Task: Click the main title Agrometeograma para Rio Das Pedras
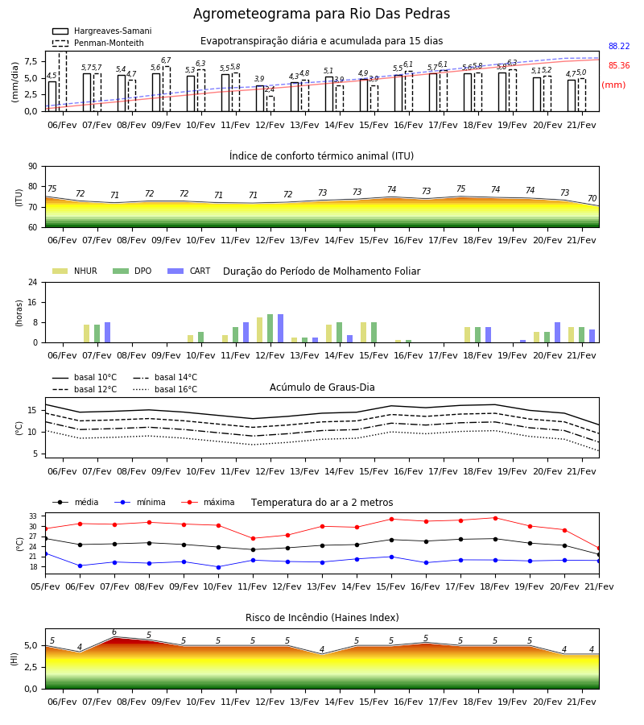pyautogui.click(x=321, y=14)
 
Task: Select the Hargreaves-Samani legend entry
pyautogui.click(x=101, y=31)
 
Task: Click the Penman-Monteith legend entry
pyautogui.click(x=98, y=43)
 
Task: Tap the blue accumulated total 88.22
pyautogui.click(x=619, y=46)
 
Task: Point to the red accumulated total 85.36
pyautogui.click(x=619, y=66)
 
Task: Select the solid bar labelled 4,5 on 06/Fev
pyautogui.click(x=52, y=96)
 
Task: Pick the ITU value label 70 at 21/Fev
pyautogui.click(x=592, y=198)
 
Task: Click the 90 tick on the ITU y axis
pyautogui.click(x=32, y=167)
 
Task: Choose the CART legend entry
pyautogui.click(x=188, y=271)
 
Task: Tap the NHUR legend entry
pyautogui.click(x=74, y=271)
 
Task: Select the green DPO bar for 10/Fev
pyautogui.click(x=201, y=337)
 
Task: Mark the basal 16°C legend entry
pyautogui.click(x=165, y=389)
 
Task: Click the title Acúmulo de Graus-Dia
pyautogui.click(x=322, y=387)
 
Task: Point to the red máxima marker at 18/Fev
pyautogui.click(x=495, y=518)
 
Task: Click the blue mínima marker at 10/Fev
pyautogui.click(x=218, y=567)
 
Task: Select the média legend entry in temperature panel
pyautogui.click(x=76, y=502)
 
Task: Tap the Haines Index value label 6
pyautogui.click(x=114, y=632)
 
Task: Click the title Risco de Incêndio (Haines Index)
pyautogui.click(x=322, y=618)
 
